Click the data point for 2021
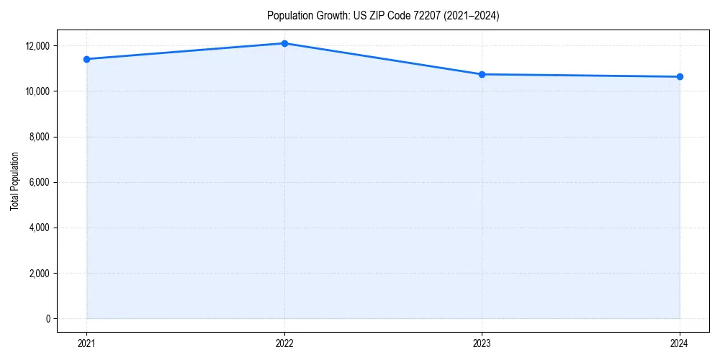(86, 59)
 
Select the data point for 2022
(284, 43)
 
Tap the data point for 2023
(482, 74)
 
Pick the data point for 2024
(680, 76)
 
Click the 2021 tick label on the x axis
(86, 343)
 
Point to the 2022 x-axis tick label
(284, 343)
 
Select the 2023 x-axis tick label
(482, 343)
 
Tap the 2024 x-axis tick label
(680, 343)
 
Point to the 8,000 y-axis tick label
(40, 137)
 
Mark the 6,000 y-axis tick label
(40, 182)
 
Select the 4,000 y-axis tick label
(40, 228)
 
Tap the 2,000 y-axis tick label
(40, 274)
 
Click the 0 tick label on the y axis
(48, 319)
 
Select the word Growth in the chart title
(330, 16)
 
